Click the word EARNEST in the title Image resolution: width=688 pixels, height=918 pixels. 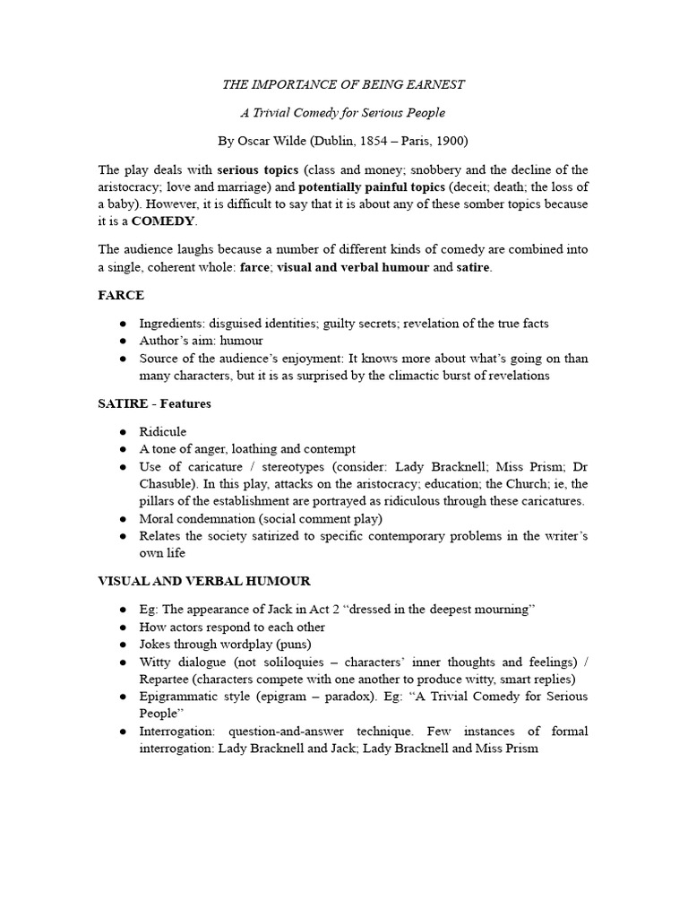pos(435,84)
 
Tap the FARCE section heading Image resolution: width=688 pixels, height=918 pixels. pos(121,294)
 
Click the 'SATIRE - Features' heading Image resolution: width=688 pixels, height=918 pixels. pos(154,403)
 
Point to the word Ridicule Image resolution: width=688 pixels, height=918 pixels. pos(163,431)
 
